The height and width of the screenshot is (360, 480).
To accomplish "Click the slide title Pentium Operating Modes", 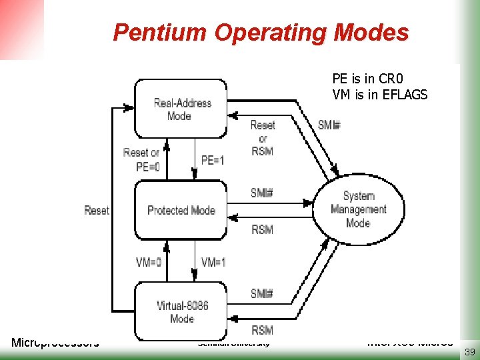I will point(261,32).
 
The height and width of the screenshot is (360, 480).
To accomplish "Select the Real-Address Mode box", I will point(181,109).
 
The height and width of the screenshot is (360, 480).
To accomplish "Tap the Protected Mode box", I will point(181,211).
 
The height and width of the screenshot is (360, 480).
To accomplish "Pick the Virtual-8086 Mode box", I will point(181,311).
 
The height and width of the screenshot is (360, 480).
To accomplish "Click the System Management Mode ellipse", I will point(358,209).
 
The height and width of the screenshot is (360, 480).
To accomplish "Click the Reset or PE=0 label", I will point(141,160).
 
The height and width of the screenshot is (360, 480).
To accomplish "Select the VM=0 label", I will point(148,262).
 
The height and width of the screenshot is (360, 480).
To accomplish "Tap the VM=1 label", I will point(213,262).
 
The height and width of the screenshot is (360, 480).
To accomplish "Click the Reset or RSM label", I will point(262,138).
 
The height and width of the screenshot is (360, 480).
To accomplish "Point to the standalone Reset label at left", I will point(97,211).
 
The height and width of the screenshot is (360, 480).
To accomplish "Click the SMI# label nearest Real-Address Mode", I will point(329,125).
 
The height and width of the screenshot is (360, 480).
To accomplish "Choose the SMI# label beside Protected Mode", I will point(262,193).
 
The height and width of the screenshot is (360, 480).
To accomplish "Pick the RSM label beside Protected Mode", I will point(262,229).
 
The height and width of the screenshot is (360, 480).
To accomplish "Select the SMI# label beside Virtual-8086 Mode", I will point(262,293).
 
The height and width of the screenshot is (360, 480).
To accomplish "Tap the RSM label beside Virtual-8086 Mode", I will point(262,329).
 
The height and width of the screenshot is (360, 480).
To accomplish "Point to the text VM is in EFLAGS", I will point(379,95).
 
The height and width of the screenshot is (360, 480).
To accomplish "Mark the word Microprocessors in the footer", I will point(55,343).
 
